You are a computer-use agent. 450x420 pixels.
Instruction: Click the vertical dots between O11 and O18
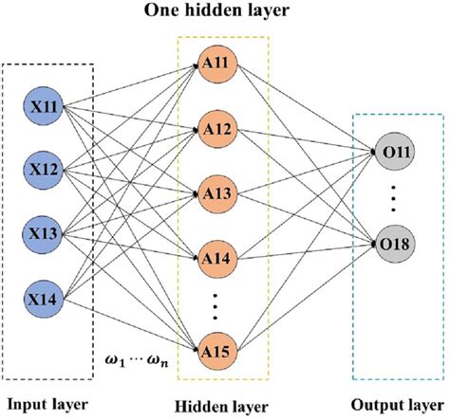coord(392,197)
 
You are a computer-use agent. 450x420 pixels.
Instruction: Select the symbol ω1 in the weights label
coord(112,355)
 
